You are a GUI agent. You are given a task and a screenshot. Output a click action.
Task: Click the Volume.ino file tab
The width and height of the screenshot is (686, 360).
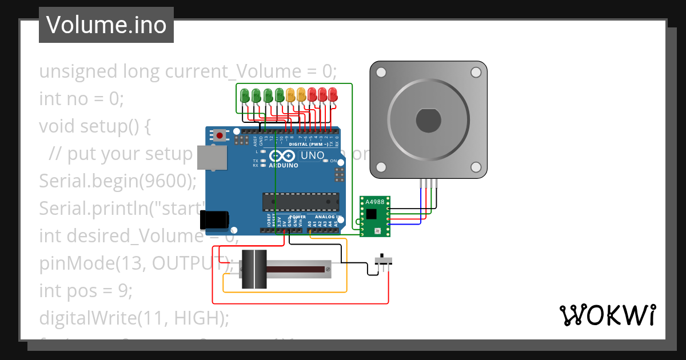coord(106,25)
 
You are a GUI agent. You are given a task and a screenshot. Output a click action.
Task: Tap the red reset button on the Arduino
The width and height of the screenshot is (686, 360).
coord(220,135)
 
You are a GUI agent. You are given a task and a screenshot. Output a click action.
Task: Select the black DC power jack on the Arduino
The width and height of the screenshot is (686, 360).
coord(214,219)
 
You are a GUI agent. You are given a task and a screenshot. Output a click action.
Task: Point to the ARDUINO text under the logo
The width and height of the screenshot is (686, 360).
coord(284,165)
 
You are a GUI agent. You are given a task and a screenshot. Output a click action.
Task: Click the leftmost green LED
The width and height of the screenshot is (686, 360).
coord(245,95)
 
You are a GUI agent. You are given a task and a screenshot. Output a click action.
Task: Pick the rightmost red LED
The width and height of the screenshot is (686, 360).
coord(333,95)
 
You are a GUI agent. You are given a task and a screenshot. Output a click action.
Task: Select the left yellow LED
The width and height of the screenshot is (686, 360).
coord(290,95)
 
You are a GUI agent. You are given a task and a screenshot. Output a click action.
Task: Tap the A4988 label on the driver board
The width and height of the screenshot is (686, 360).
coord(374,202)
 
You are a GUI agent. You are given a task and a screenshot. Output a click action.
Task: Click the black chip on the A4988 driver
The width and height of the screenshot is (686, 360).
coord(372,214)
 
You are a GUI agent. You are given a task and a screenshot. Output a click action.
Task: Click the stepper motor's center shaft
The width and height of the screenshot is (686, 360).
coord(428,120)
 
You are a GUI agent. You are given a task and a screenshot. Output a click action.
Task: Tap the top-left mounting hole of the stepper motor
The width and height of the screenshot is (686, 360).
coord(381,72)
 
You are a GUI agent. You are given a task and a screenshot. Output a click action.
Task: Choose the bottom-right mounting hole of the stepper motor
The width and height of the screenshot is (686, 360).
coord(476,166)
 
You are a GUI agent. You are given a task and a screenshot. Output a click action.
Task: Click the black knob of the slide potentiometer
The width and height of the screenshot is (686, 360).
coord(253,269)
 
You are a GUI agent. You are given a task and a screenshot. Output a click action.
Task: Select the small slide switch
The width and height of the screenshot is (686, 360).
coord(383,261)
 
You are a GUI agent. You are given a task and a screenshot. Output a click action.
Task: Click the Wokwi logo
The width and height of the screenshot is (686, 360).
coord(607,315)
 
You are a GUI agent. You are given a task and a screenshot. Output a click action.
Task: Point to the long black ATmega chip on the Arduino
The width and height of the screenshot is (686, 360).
coord(301,201)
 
